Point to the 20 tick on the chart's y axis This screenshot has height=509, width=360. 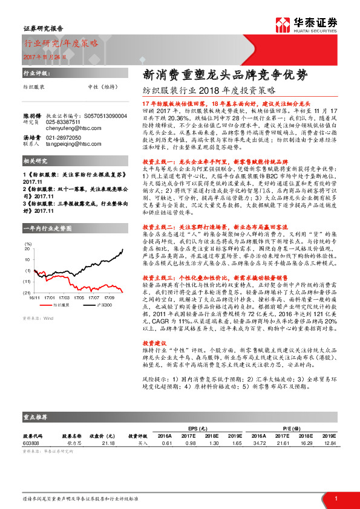click(27, 249)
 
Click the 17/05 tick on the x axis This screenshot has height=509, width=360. click(78, 298)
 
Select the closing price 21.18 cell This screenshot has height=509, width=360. click(109, 443)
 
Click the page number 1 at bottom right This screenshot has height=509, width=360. click(335, 498)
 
